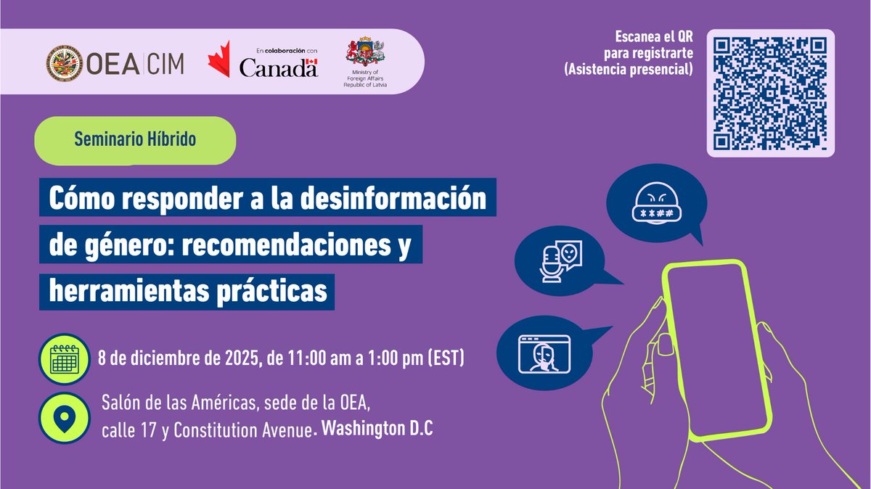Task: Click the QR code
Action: click(x=771, y=94)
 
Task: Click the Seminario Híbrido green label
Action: click(x=136, y=140)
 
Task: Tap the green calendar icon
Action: click(x=65, y=358)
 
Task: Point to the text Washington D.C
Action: click(x=377, y=430)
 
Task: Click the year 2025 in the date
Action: click(x=238, y=358)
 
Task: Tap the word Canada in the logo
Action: click(x=278, y=68)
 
